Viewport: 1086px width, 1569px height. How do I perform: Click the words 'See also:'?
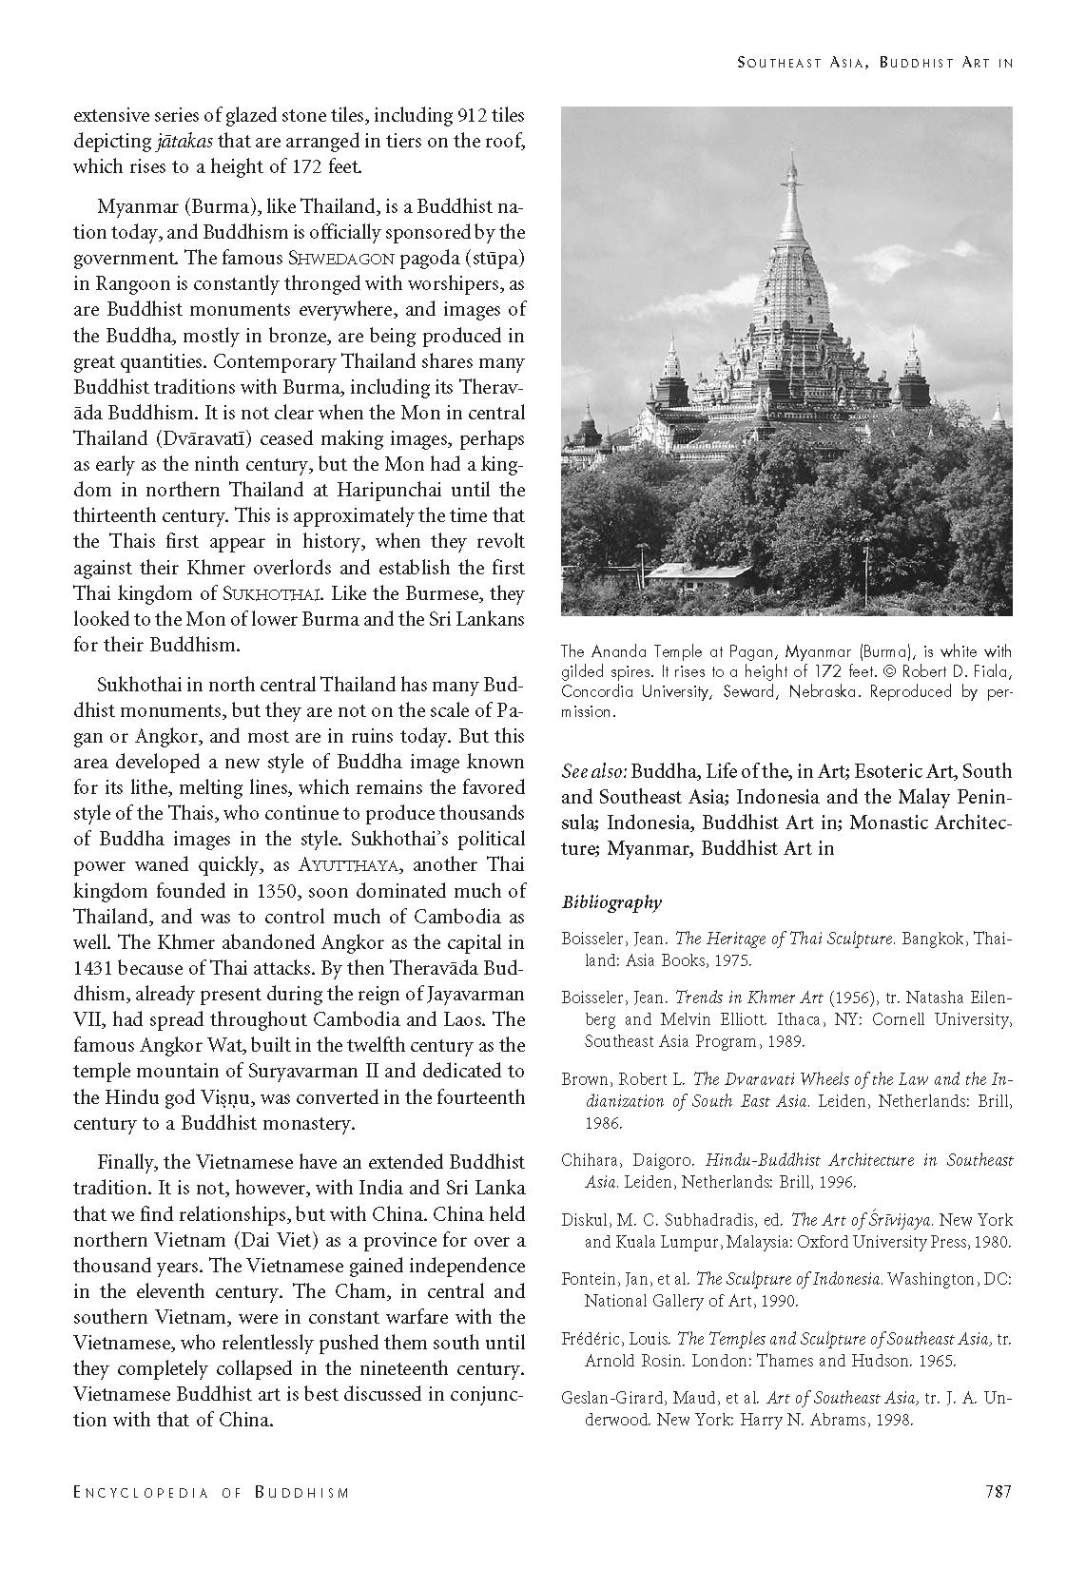pos(593,771)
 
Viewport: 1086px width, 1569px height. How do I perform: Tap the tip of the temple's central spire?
pos(790,152)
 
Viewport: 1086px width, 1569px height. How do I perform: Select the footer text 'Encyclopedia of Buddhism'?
pos(211,1493)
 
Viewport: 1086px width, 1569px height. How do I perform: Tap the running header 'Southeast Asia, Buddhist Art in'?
pos(874,63)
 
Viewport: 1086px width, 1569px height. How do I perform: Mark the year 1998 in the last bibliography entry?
pos(893,1421)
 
